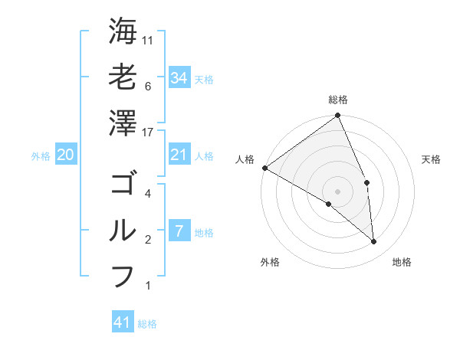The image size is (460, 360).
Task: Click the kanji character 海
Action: point(123,31)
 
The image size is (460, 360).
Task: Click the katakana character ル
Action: point(123,231)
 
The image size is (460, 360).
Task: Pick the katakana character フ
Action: point(123,277)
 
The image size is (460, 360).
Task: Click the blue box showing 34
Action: point(179,77)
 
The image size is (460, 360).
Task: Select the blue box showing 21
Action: point(179,155)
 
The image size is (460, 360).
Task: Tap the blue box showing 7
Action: point(179,231)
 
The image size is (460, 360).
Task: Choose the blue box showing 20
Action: point(65,155)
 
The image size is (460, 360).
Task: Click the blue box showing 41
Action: point(123,322)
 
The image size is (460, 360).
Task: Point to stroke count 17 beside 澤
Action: point(149,133)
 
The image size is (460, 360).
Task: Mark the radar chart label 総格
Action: point(338,100)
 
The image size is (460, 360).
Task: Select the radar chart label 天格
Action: point(432,159)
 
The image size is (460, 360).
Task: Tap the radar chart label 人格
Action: point(245,159)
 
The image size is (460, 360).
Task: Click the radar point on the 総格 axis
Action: point(338,116)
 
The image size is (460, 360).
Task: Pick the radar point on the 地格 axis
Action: point(374,242)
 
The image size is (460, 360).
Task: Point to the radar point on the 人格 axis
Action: point(264,168)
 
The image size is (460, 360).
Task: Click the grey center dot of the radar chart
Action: point(338,191)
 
